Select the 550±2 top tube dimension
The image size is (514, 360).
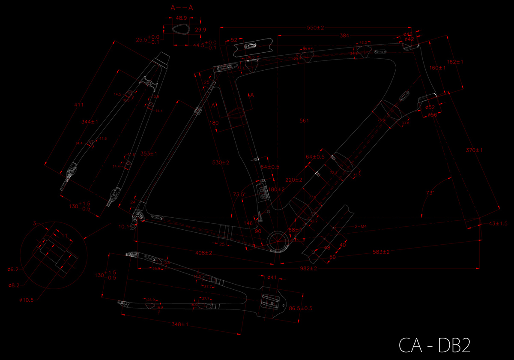point(315,28)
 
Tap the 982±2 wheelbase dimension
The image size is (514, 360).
point(308,268)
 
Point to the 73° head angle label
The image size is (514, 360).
point(430,193)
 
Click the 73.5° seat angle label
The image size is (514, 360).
point(239,195)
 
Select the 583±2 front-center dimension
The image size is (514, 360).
point(380,252)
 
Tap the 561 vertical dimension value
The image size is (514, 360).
point(304,121)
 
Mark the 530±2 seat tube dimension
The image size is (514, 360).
point(221,162)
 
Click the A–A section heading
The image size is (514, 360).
point(181,7)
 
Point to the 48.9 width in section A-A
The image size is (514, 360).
point(181,18)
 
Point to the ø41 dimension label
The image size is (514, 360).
point(272,278)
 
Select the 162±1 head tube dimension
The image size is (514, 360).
point(455,62)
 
